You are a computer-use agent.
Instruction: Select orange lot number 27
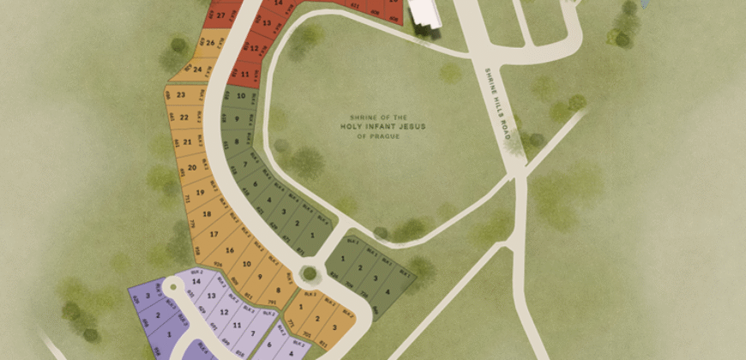[221, 15]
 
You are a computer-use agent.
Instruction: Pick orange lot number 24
[198, 69]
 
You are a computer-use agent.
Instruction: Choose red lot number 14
[277, 3]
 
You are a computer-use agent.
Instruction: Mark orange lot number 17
[214, 233]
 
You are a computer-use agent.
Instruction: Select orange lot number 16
[230, 249]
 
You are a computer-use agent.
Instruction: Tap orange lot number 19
[199, 193]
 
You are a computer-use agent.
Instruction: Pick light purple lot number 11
[236, 327]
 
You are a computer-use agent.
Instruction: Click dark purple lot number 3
[148, 297]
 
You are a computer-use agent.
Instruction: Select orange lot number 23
[182, 94]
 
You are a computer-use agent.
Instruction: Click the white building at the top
[423, 11]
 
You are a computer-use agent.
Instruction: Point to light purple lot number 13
[211, 296]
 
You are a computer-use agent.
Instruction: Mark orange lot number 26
[210, 41]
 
